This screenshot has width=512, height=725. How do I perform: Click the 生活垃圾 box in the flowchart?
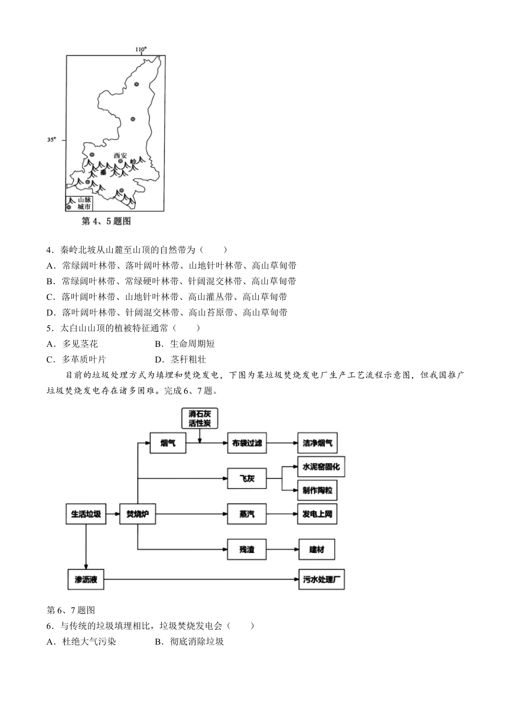click(86, 514)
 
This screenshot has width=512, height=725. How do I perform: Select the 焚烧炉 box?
click(137, 514)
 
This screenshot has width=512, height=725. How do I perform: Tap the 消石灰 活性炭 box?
click(199, 419)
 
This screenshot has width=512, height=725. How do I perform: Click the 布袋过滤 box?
click(247, 443)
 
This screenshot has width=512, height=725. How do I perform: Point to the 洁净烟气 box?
click(317, 443)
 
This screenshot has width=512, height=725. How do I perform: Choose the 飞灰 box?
click(247, 478)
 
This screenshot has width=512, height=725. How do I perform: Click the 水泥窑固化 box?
click(321, 467)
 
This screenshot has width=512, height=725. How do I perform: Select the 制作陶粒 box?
click(317, 490)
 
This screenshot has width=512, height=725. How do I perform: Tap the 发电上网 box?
click(317, 514)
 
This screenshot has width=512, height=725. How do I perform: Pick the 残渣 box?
click(247, 550)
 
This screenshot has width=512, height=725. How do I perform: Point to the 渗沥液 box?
click(86, 580)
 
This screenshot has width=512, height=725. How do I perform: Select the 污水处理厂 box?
click(321, 580)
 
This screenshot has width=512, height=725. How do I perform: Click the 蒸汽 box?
click(247, 514)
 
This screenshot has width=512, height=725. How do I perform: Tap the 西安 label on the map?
click(121, 155)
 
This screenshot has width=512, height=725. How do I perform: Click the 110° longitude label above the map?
click(140, 50)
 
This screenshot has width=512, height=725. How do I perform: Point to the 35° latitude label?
click(51, 140)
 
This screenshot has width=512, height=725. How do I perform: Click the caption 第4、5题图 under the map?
click(106, 221)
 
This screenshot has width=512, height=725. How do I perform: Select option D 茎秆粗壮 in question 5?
click(181, 359)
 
